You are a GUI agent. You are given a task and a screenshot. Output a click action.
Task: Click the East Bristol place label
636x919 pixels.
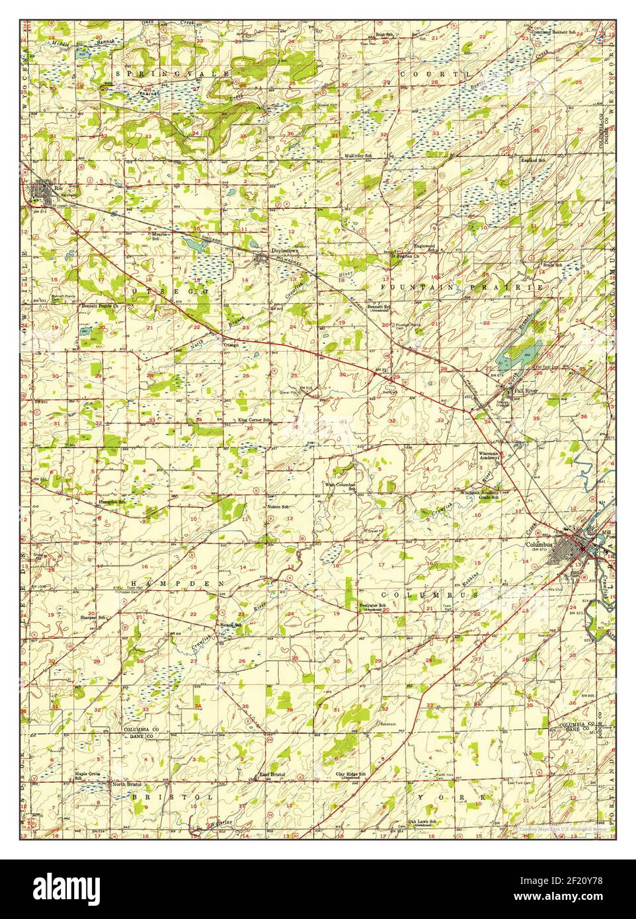[x=272, y=774]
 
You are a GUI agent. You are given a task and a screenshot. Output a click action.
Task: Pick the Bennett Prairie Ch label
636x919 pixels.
[x=100, y=306]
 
